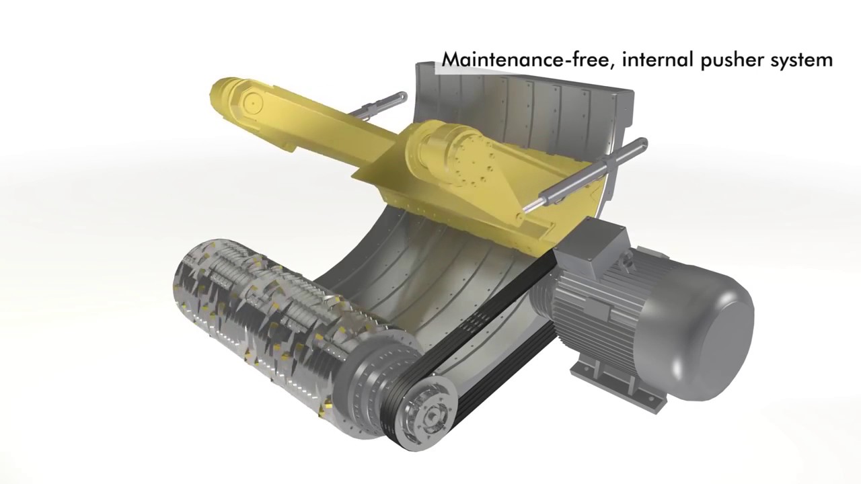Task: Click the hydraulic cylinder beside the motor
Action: [585, 177]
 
